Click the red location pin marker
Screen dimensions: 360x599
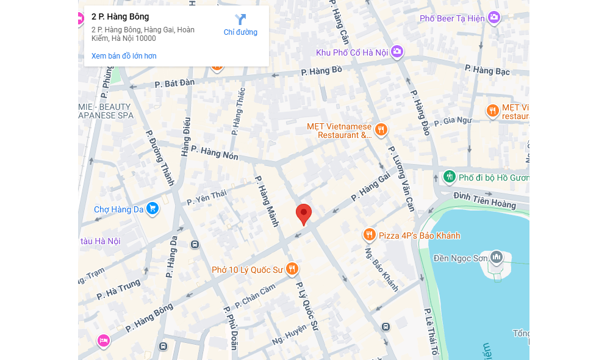click(304, 214)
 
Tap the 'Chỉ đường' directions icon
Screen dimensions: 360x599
click(240, 20)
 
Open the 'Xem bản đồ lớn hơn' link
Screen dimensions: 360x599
click(124, 56)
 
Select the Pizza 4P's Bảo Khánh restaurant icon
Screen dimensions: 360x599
click(369, 235)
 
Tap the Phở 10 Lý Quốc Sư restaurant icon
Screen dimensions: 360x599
click(292, 269)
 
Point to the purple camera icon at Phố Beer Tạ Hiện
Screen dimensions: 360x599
click(494, 18)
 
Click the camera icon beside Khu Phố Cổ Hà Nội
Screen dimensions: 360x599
click(398, 52)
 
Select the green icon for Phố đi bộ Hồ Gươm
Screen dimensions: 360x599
click(449, 177)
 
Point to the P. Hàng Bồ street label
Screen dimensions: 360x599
click(321, 71)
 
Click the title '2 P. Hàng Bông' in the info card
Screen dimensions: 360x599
click(120, 16)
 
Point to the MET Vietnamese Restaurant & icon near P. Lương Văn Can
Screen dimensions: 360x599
click(381, 129)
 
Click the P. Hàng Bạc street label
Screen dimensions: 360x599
click(487, 70)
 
